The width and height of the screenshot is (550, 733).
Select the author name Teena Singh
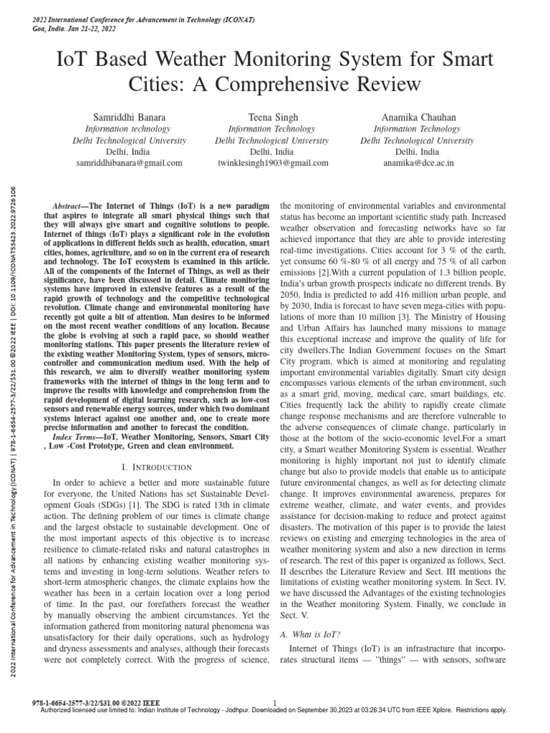click(273, 116)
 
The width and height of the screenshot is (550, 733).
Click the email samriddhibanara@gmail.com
click(129, 163)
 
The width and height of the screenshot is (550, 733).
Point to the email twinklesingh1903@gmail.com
click(273, 163)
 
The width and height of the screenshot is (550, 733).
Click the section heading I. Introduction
click(154, 466)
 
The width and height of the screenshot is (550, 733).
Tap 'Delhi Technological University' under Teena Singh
click(273, 140)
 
